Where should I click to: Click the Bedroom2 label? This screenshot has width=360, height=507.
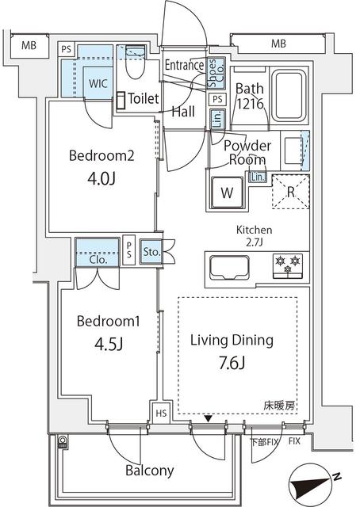click(x=101, y=155)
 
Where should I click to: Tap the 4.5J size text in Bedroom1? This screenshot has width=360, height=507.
click(x=109, y=345)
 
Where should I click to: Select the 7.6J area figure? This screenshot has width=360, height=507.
click(x=232, y=363)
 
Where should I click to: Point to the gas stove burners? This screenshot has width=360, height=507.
click(x=288, y=266)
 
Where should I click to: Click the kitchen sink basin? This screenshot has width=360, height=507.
click(x=229, y=268)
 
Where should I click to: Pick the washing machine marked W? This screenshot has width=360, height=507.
click(x=227, y=193)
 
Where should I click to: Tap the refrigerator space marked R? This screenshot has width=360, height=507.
click(x=291, y=192)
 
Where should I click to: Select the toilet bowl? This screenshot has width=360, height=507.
click(x=136, y=63)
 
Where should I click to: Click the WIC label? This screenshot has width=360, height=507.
click(x=98, y=83)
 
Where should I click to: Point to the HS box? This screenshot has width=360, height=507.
click(x=161, y=413)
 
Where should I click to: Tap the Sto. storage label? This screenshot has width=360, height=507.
click(x=151, y=252)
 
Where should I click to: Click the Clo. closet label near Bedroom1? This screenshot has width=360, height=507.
click(x=98, y=260)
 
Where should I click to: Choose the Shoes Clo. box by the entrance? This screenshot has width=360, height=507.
click(x=216, y=74)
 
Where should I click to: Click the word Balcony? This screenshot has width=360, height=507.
click(x=150, y=471)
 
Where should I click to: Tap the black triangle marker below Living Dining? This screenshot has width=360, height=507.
click(x=209, y=419)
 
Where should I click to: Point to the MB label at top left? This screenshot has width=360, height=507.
click(x=29, y=45)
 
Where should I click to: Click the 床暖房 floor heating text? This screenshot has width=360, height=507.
click(x=279, y=406)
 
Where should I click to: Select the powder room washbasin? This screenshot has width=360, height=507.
click(x=293, y=151)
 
